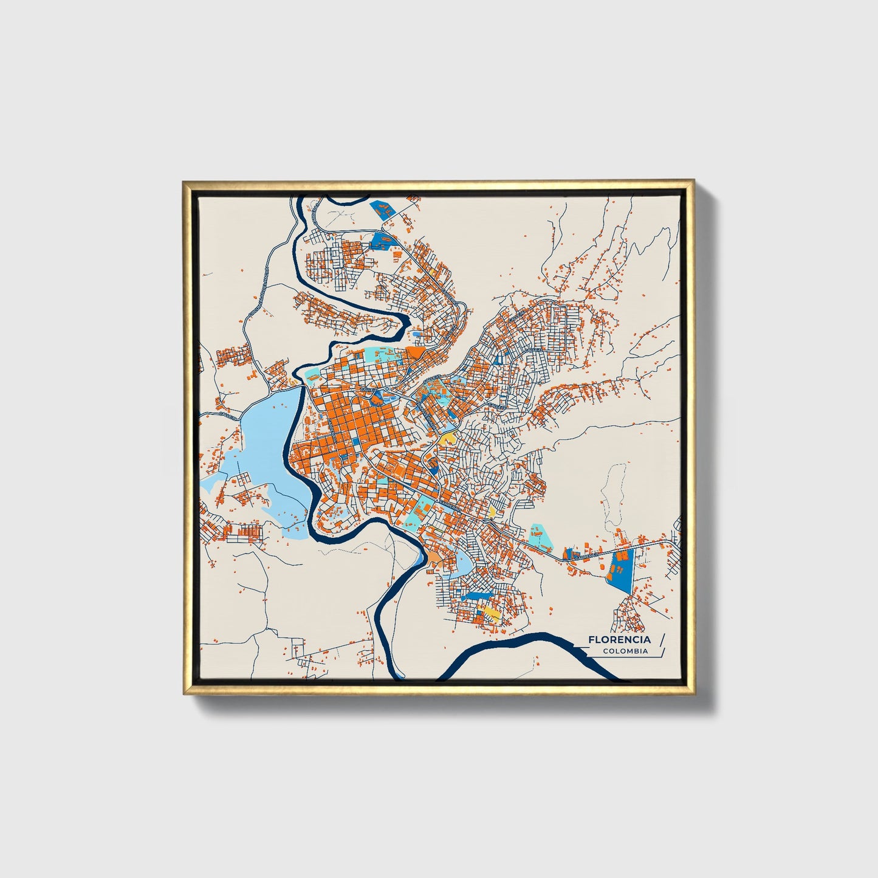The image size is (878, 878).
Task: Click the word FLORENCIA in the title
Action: click(x=619, y=639)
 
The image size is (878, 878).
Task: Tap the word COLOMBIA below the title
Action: click(x=625, y=651)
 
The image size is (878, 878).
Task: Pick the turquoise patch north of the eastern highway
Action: click(x=538, y=533)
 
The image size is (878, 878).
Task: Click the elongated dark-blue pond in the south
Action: click(x=477, y=594)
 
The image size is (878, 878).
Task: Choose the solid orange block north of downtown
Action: click(x=417, y=352)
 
